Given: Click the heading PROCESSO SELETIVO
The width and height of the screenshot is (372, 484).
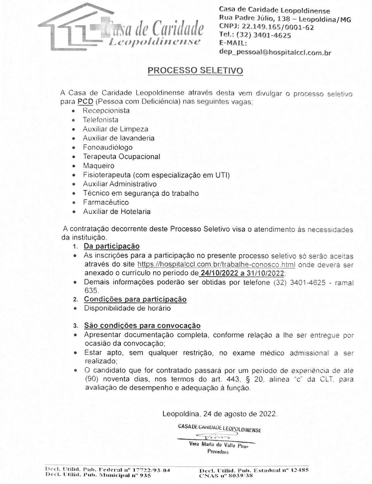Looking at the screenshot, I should coord(195,71).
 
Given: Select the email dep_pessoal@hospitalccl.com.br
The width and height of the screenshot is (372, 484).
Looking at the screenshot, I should coord(275,52).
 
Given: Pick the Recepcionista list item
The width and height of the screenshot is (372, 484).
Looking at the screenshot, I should coord(106,111).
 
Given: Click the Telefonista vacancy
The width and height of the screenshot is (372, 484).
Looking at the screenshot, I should coord(100,120).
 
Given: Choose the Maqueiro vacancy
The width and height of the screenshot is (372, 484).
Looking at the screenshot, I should coord(98,166).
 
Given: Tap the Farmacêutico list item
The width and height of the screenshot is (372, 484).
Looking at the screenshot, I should coord(105,203).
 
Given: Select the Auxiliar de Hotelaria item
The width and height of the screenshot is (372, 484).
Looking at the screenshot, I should coord(117,212).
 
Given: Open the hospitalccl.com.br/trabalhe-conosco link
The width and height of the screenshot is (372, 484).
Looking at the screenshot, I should coord(216,265).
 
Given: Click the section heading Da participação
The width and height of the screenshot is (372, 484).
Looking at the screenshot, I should coord(112,246).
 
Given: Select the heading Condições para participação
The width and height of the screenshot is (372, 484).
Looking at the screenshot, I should coord(135,299).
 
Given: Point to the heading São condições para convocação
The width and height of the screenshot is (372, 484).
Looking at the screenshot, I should coord(142,326).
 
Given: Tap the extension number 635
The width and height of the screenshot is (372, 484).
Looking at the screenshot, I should coord(90,291).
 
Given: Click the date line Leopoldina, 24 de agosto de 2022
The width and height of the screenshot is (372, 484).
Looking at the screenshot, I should coord(220,413).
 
